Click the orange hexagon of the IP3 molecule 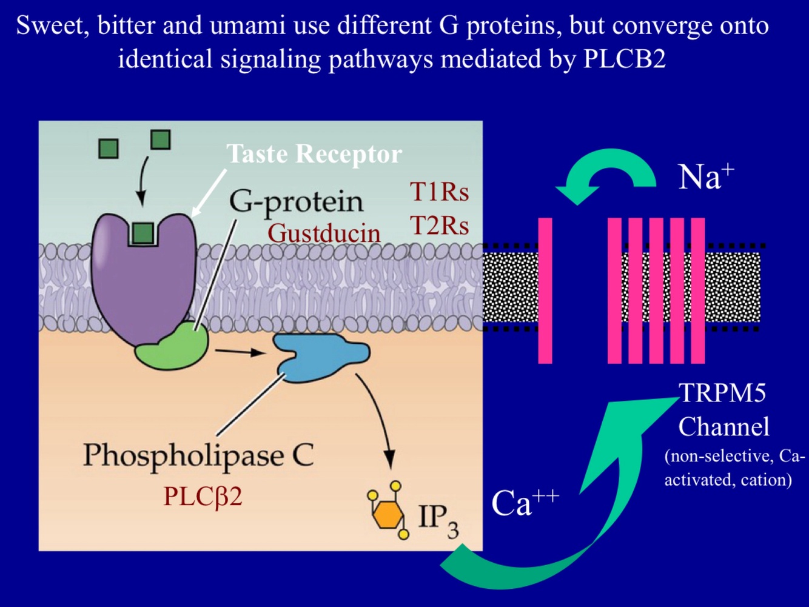point(387,515)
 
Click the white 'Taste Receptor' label point(314,154)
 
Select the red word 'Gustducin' point(324,233)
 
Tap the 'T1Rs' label point(440,192)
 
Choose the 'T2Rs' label point(440,226)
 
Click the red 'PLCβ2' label point(203,497)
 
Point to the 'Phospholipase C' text point(198,455)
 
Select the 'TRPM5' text point(722,393)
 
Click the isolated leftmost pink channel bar point(545,290)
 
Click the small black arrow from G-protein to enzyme point(240,352)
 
